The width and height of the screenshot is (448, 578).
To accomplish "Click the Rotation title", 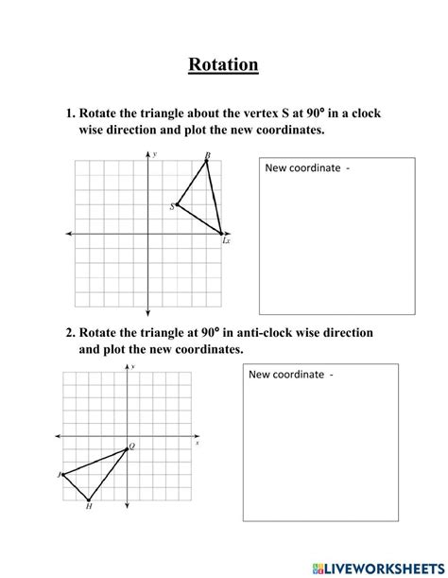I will [x=223, y=64].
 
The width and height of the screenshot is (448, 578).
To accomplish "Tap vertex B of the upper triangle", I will [x=207, y=161].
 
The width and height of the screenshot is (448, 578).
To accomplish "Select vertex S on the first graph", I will [x=177, y=203].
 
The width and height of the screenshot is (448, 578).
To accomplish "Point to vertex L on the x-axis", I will [x=222, y=234].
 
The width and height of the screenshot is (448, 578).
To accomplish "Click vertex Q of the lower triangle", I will [x=128, y=448].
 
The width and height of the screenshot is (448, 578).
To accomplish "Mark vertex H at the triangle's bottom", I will [x=89, y=499].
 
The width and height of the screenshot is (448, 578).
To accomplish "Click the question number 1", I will [x=69, y=113].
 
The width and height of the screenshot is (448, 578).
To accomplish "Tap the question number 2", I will [x=69, y=333].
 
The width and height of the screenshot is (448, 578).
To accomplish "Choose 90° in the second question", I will [x=209, y=333].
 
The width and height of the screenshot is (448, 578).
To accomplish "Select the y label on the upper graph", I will [x=155, y=152].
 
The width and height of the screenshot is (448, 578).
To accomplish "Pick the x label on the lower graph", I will [x=197, y=442].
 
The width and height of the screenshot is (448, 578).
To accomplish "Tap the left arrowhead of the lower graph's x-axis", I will [x=60, y=436].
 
